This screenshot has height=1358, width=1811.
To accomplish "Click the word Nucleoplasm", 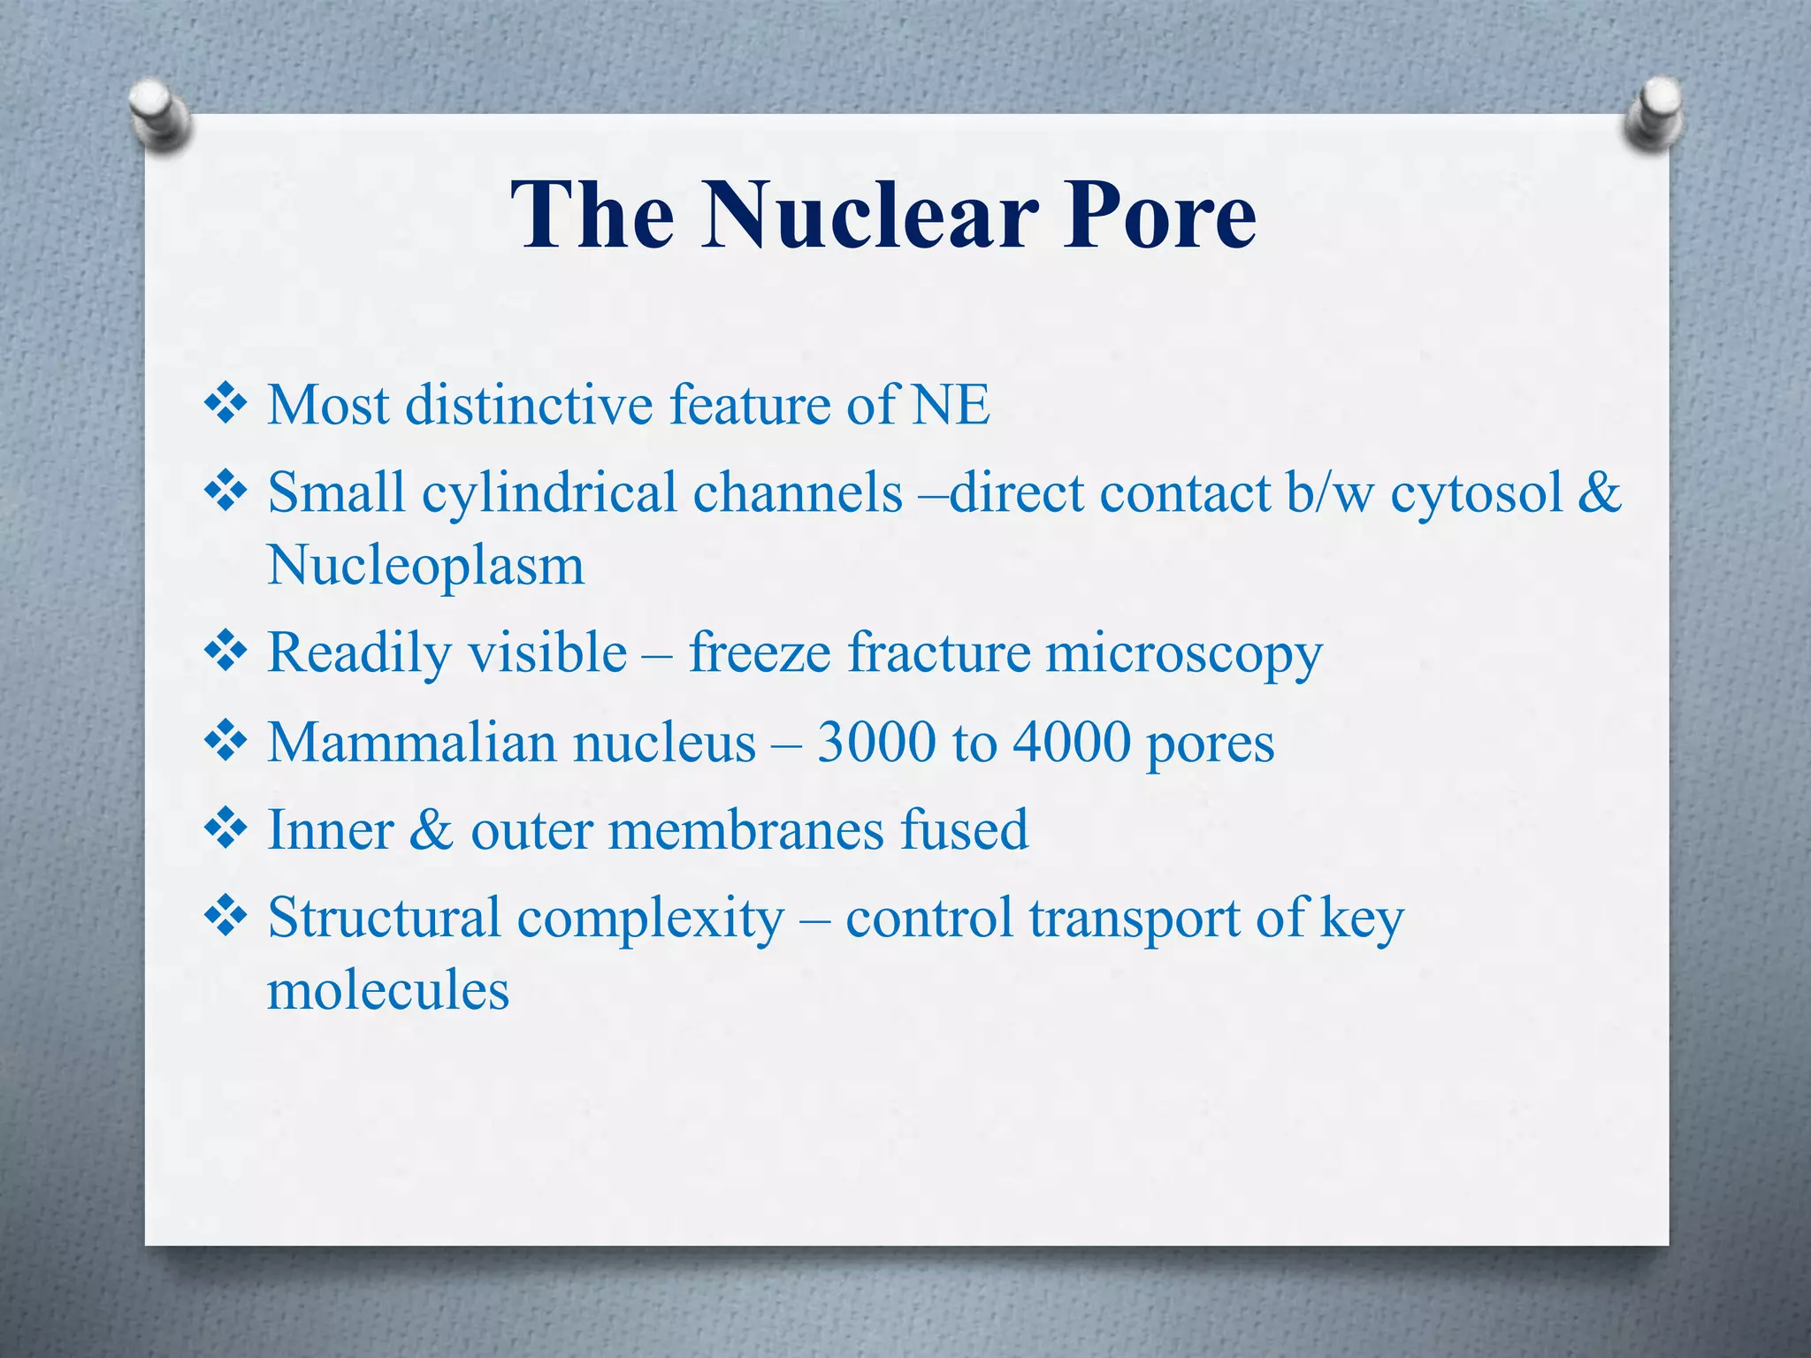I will pyautogui.click(x=425, y=566).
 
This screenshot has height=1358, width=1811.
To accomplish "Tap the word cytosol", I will pyautogui.click(x=1476, y=492).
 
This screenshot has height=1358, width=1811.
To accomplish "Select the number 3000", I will pyautogui.click(x=875, y=742).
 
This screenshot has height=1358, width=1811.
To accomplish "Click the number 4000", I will pyautogui.click(x=1071, y=742).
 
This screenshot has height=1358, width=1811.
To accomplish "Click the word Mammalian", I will pyautogui.click(x=412, y=742).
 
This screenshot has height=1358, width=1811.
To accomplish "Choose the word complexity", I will pyautogui.click(x=650, y=919).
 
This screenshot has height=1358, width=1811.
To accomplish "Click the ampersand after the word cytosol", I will pyautogui.click(x=1599, y=492).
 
